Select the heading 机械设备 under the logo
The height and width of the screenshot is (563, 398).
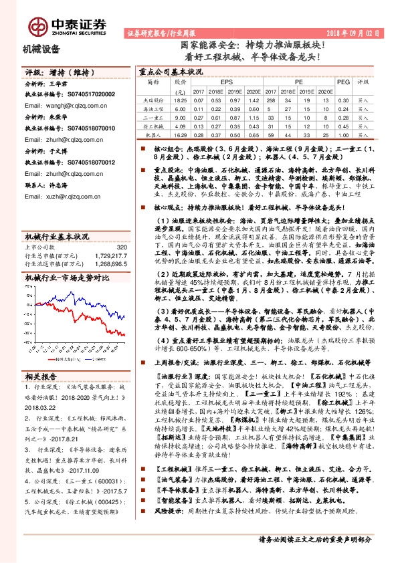coord(41,49)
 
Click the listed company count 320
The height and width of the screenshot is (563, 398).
coord(121,229)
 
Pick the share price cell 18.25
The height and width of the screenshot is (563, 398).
coord(179,99)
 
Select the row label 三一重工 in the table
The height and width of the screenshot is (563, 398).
coord(153,116)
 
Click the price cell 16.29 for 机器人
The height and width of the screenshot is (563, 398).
coord(179,134)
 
